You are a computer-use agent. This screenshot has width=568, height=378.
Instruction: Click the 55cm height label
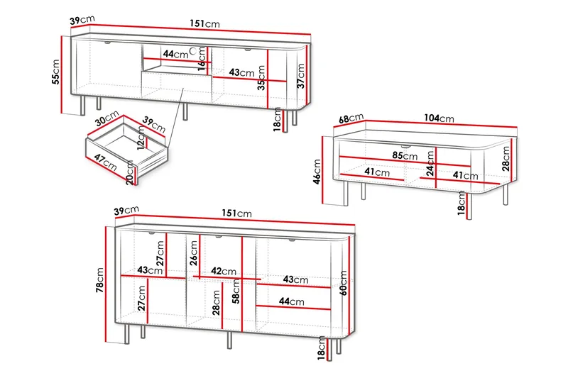tap(56, 72)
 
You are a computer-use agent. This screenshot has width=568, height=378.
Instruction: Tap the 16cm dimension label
tap(202, 58)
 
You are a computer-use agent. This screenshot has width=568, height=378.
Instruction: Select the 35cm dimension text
tap(261, 78)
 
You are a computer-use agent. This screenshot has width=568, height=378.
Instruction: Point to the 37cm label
tap(301, 76)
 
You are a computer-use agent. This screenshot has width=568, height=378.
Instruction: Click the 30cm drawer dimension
tap(107, 118)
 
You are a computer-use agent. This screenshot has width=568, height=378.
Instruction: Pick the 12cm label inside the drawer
tap(141, 138)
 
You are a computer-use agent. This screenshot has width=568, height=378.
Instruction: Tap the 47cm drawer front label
tap(105, 162)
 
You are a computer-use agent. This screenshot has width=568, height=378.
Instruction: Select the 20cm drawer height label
tap(130, 173)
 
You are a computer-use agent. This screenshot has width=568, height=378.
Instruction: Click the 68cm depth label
tap(351, 118)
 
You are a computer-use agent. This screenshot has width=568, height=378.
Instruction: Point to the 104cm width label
tap(439, 118)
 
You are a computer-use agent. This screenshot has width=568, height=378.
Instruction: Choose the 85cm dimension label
tap(405, 155)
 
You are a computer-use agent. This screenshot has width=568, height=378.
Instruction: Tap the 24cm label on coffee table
tap(430, 164)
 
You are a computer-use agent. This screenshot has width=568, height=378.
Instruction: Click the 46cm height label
tap(317, 172)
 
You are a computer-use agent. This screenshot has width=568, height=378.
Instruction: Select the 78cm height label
tap(99, 280)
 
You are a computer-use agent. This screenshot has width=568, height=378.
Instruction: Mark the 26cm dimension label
tap(194, 253)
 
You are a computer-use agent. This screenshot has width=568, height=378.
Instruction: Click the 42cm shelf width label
tap(224, 271)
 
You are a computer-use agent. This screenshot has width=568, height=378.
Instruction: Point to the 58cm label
tap(236, 291)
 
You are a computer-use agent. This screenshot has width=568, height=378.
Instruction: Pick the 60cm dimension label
tap(343, 283)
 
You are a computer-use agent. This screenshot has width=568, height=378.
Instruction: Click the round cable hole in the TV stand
tap(193, 50)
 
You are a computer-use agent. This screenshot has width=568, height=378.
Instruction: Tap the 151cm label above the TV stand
tap(204, 24)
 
